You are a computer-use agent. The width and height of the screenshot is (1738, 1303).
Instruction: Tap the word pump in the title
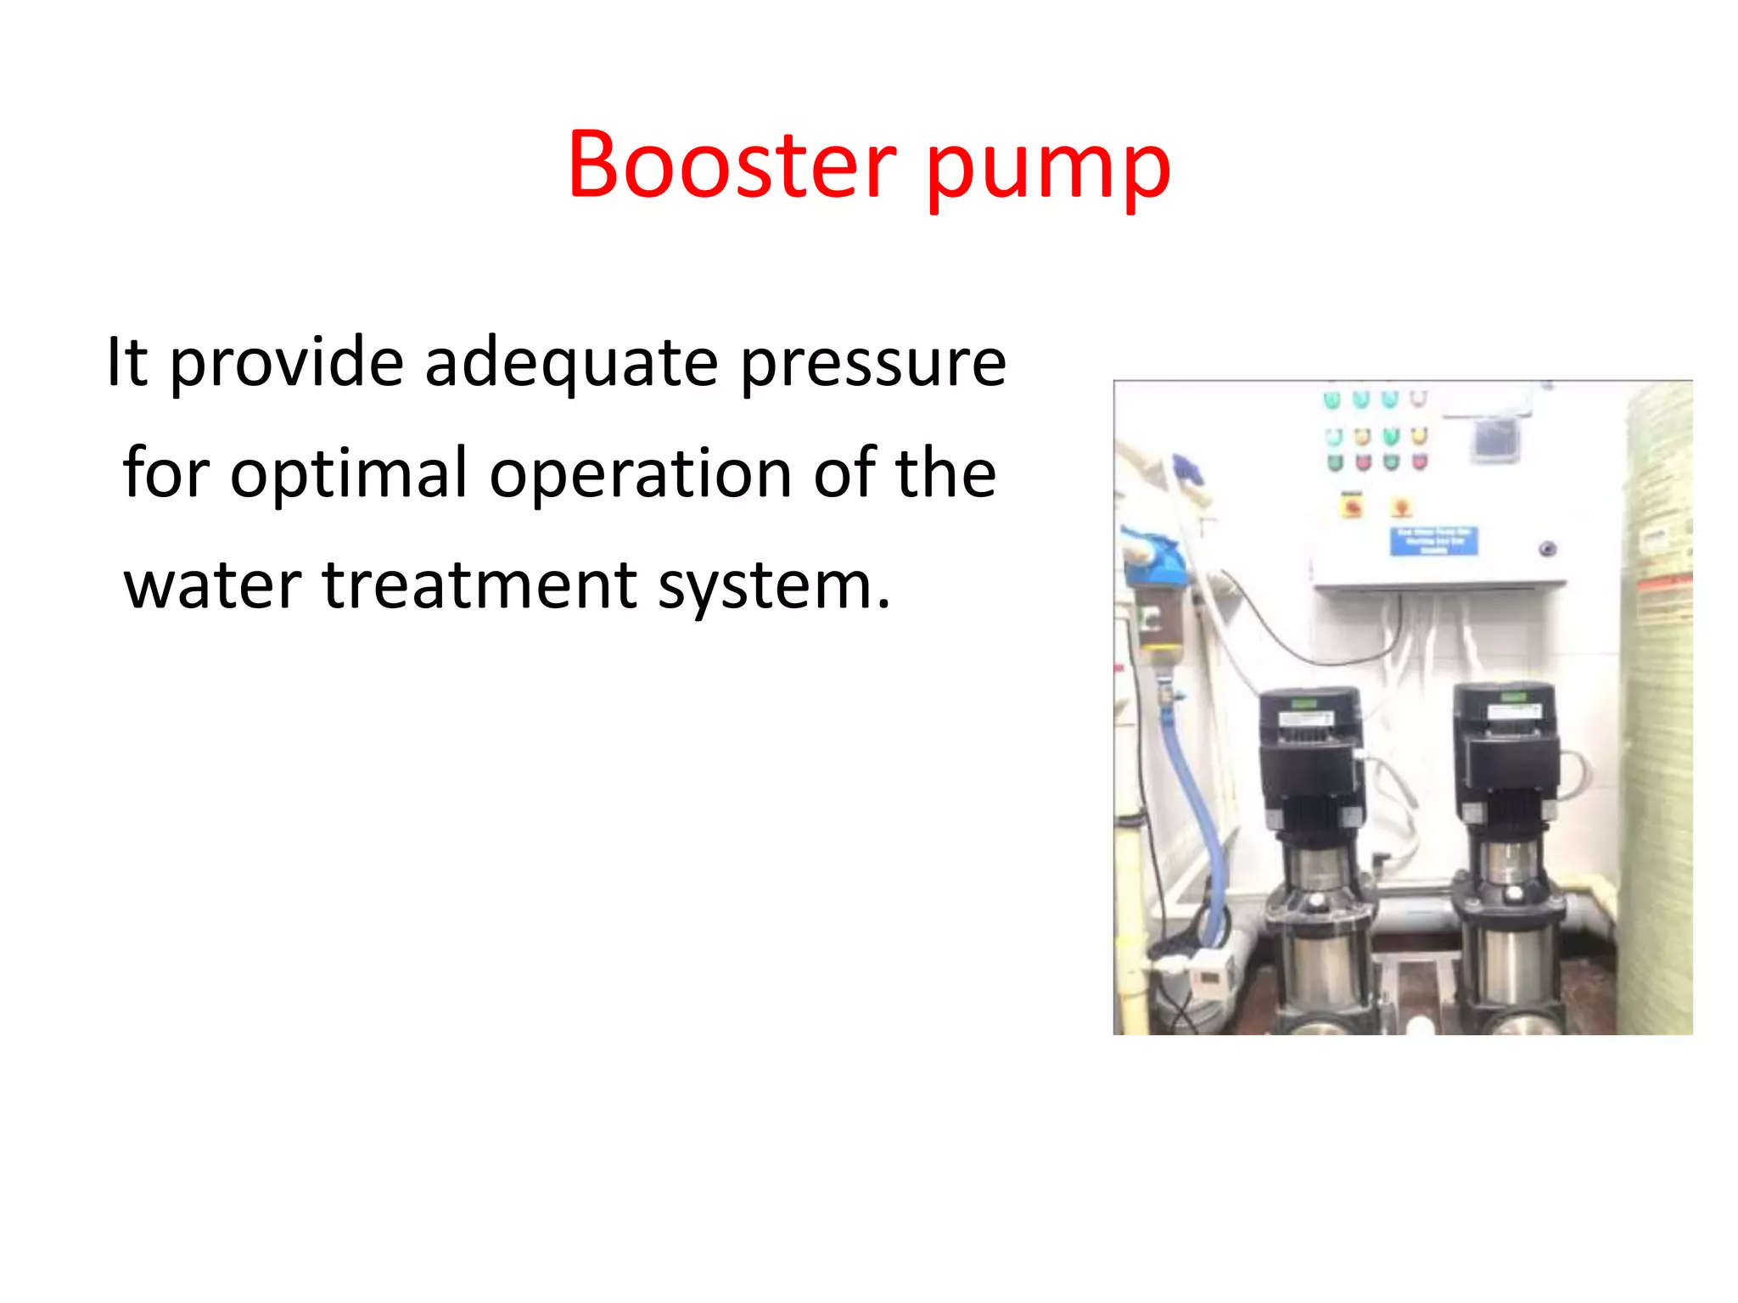pyautogui.click(x=1048, y=168)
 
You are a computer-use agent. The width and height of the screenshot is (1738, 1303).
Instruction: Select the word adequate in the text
pyautogui.click(x=571, y=363)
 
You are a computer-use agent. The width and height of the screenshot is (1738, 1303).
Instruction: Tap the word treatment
pyautogui.click(x=479, y=585)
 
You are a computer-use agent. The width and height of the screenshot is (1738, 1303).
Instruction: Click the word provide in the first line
pyautogui.click(x=287, y=363)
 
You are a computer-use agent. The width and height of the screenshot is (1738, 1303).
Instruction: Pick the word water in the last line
pyautogui.click(x=212, y=585)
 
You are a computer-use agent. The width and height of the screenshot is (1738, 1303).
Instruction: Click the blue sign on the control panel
pyautogui.click(x=1433, y=540)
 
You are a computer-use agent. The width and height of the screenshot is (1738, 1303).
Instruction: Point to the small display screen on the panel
pyautogui.click(x=1494, y=439)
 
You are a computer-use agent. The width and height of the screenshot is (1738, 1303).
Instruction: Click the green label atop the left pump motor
pyautogui.click(x=1303, y=703)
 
